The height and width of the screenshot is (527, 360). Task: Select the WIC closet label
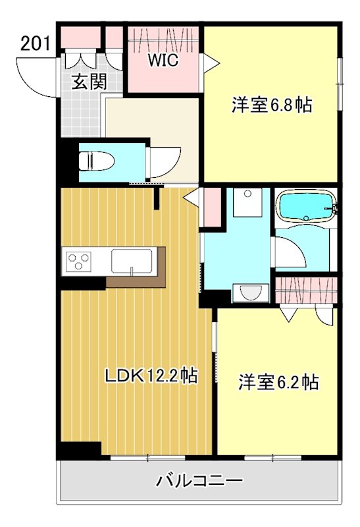pyautogui.click(x=163, y=61)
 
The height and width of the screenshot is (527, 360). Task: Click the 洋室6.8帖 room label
pyautogui.click(x=271, y=104)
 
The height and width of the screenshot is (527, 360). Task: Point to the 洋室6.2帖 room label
pyautogui.click(x=278, y=381)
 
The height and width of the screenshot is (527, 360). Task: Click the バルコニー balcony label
pyautogui.click(x=199, y=481)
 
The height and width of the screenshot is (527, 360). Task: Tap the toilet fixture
pyautogui.click(x=93, y=161)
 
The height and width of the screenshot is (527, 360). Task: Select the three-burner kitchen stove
pyautogui.click(x=78, y=262)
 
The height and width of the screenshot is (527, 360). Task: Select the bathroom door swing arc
pyautogui.click(x=287, y=250)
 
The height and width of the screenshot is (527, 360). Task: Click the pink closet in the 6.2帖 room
pyautogui.click(x=306, y=289)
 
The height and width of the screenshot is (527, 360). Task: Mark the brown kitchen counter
pyautogui.click(x=135, y=281)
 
